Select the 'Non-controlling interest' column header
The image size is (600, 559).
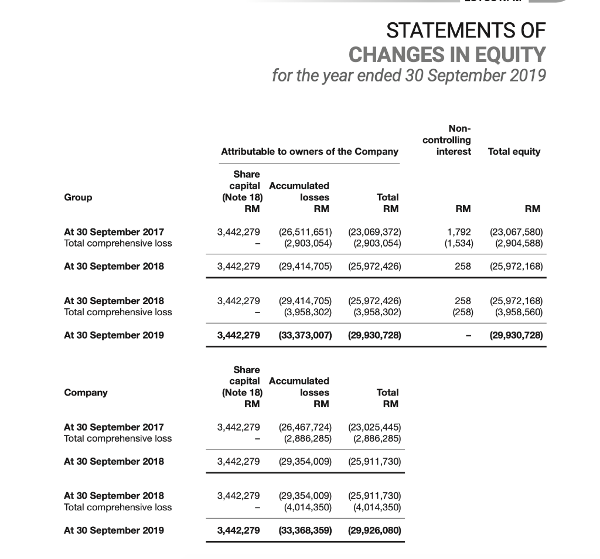[x=446, y=140]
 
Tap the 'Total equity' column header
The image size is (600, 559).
[x=514, y=151]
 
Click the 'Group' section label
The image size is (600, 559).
[x=78, y=197]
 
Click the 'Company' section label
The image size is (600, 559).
[x=86, y=392]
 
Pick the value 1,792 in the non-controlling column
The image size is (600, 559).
[x=460, y=231]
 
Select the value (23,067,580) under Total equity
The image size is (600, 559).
[x=516, y=231]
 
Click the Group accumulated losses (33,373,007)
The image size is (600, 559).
[x=304, y=336]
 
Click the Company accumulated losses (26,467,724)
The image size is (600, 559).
[x=304, y=427]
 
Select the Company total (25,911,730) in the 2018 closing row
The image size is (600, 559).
[x=374, y=461]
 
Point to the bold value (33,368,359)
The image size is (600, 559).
[x=304, y=530]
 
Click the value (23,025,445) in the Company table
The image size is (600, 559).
[x=374, y=427]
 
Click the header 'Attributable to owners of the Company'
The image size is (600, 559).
[x=309, y=151]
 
